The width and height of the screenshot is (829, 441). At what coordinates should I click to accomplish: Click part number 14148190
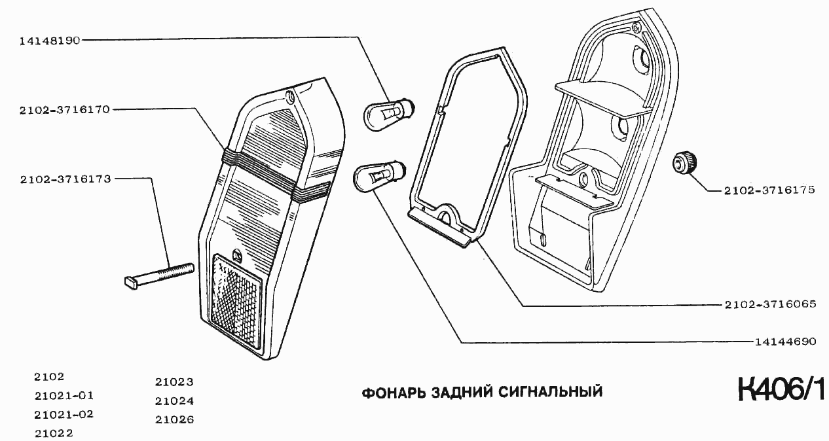(x=50, y=40)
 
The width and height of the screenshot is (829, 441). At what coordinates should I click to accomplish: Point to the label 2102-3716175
(x=769, y=190)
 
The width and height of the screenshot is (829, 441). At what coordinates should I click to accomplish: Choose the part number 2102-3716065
(x=770, y=305)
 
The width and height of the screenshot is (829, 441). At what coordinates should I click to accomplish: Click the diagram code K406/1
(x=782, y=391)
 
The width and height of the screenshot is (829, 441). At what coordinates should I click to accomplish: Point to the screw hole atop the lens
(x=291, y=97)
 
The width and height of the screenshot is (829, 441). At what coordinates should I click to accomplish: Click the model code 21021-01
(x=64, y=395)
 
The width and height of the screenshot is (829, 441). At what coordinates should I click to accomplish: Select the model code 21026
(x=174, y=419)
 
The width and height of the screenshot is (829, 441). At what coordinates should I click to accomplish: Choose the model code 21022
(x=53, y=432)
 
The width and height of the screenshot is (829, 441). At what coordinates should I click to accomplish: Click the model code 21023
(x=174, y=383)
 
